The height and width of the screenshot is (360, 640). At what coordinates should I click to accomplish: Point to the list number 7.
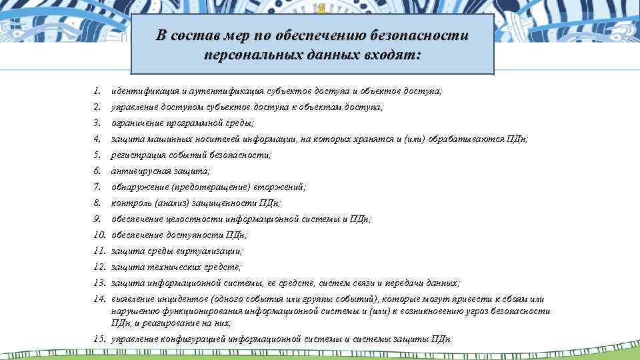tap(97, 187)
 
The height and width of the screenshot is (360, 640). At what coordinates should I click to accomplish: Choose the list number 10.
tap(99, 235)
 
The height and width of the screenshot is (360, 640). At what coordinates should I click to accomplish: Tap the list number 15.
tap(99, 339)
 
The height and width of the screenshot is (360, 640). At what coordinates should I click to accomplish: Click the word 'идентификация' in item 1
tap(142, 91)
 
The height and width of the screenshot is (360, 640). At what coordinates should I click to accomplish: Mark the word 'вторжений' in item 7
tap(283, 187)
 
